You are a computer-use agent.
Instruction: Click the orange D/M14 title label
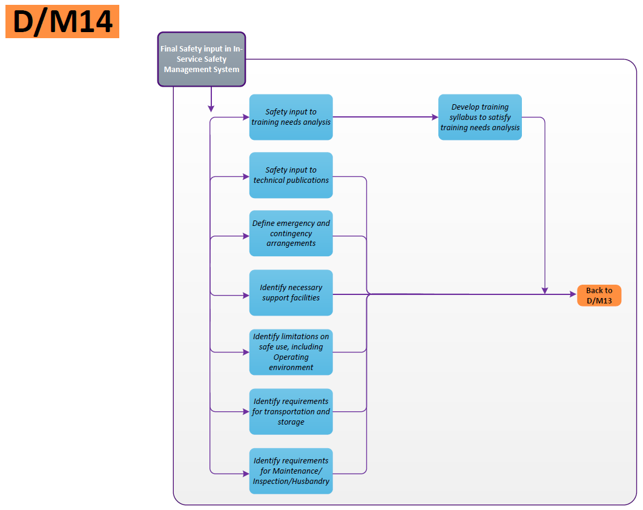(x=62, y=22)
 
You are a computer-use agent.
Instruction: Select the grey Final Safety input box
(x=202, y=59)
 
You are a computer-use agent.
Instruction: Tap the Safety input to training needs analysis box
(x=291, y=117)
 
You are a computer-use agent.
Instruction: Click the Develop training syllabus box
(x=480, y=117)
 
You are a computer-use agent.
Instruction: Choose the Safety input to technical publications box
(x=291, y=175)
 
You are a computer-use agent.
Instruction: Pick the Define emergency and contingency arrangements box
(x=291, y=233)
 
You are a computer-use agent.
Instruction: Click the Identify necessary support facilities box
(x=291, y=293)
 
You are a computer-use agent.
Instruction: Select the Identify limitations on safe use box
(x=291, y=352)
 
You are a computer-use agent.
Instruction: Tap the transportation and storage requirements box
(x=291, y=411)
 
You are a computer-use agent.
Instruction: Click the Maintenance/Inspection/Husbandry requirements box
(x=291, y=471)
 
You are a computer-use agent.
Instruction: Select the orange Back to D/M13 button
(x=599, y=295)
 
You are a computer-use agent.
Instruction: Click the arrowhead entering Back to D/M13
(x=573, y=294)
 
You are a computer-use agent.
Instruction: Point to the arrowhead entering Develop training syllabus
(x=435, y=117)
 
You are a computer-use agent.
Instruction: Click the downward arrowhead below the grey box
(x=211, y=108)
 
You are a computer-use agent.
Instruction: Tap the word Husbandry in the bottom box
(x=309, y=482)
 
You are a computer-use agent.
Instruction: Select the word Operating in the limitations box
(x=291, y=357)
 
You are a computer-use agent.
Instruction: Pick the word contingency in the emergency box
(x=291, y=233)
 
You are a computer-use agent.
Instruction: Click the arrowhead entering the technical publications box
(x=246, y=177)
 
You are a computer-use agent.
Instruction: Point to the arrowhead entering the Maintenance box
(x=246, y=472)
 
